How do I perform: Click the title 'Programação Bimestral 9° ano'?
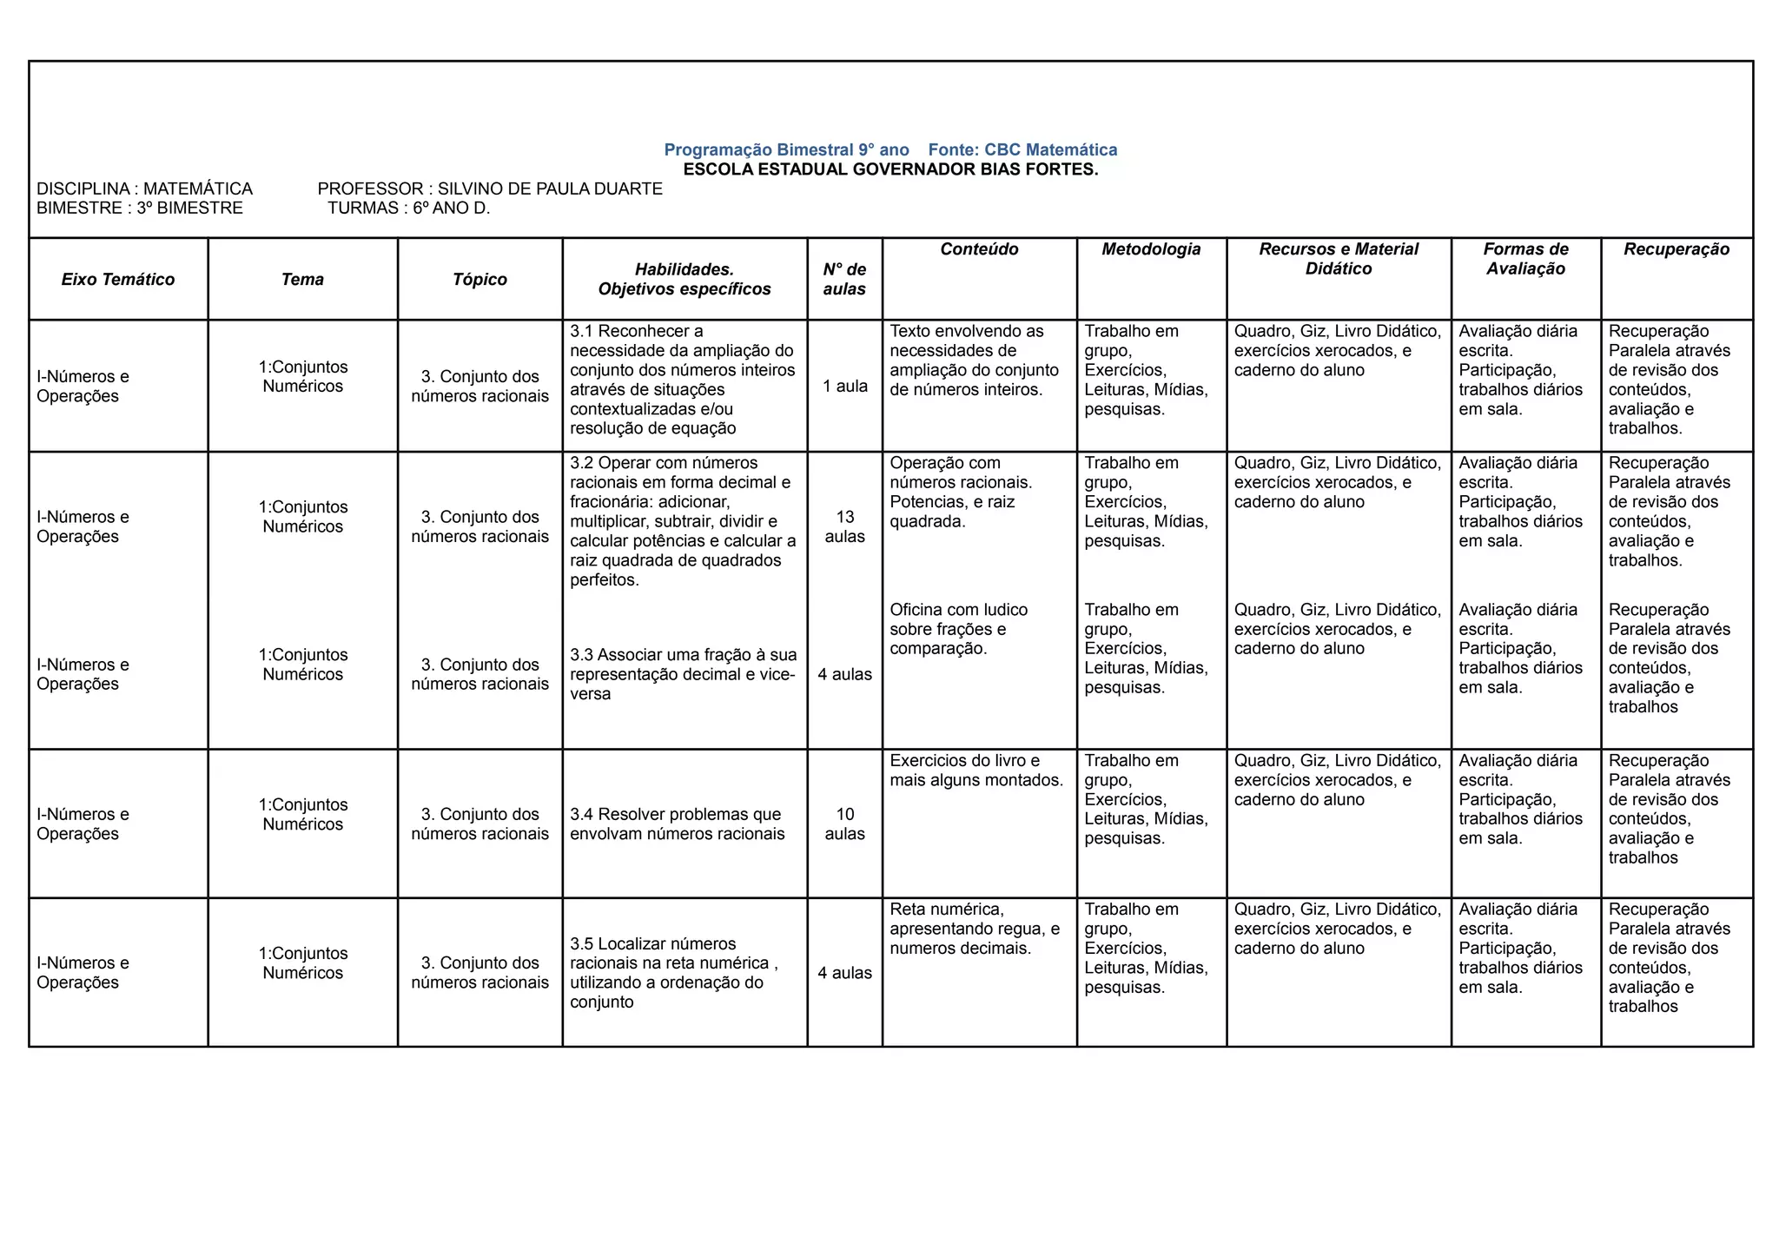point(786,149)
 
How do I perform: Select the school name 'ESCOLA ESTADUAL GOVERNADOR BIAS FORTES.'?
point(890,169)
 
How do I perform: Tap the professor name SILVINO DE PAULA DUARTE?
point(550,189)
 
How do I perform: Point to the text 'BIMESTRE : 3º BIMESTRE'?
point(140,208)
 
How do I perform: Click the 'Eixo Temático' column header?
point(118,279)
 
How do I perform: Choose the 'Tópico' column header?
point(479,279)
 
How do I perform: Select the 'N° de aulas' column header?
point(844,279)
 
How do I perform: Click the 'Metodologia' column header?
point(1151,249)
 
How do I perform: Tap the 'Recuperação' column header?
point(1676,249)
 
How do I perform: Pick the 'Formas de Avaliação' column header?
point(1525,259)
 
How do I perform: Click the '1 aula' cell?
point(844,386)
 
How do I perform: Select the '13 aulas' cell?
point(844,526)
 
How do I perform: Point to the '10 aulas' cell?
point(844,824)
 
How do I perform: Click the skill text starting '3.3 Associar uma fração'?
point(683,674)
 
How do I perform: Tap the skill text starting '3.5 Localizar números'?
point(673,972)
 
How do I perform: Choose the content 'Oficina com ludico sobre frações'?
point(959,629)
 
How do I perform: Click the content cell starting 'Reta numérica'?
point(974,929)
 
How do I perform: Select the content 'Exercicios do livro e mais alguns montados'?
point(975,771)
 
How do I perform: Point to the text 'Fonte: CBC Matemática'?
point(1022,149)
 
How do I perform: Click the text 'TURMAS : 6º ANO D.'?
point(409,208)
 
